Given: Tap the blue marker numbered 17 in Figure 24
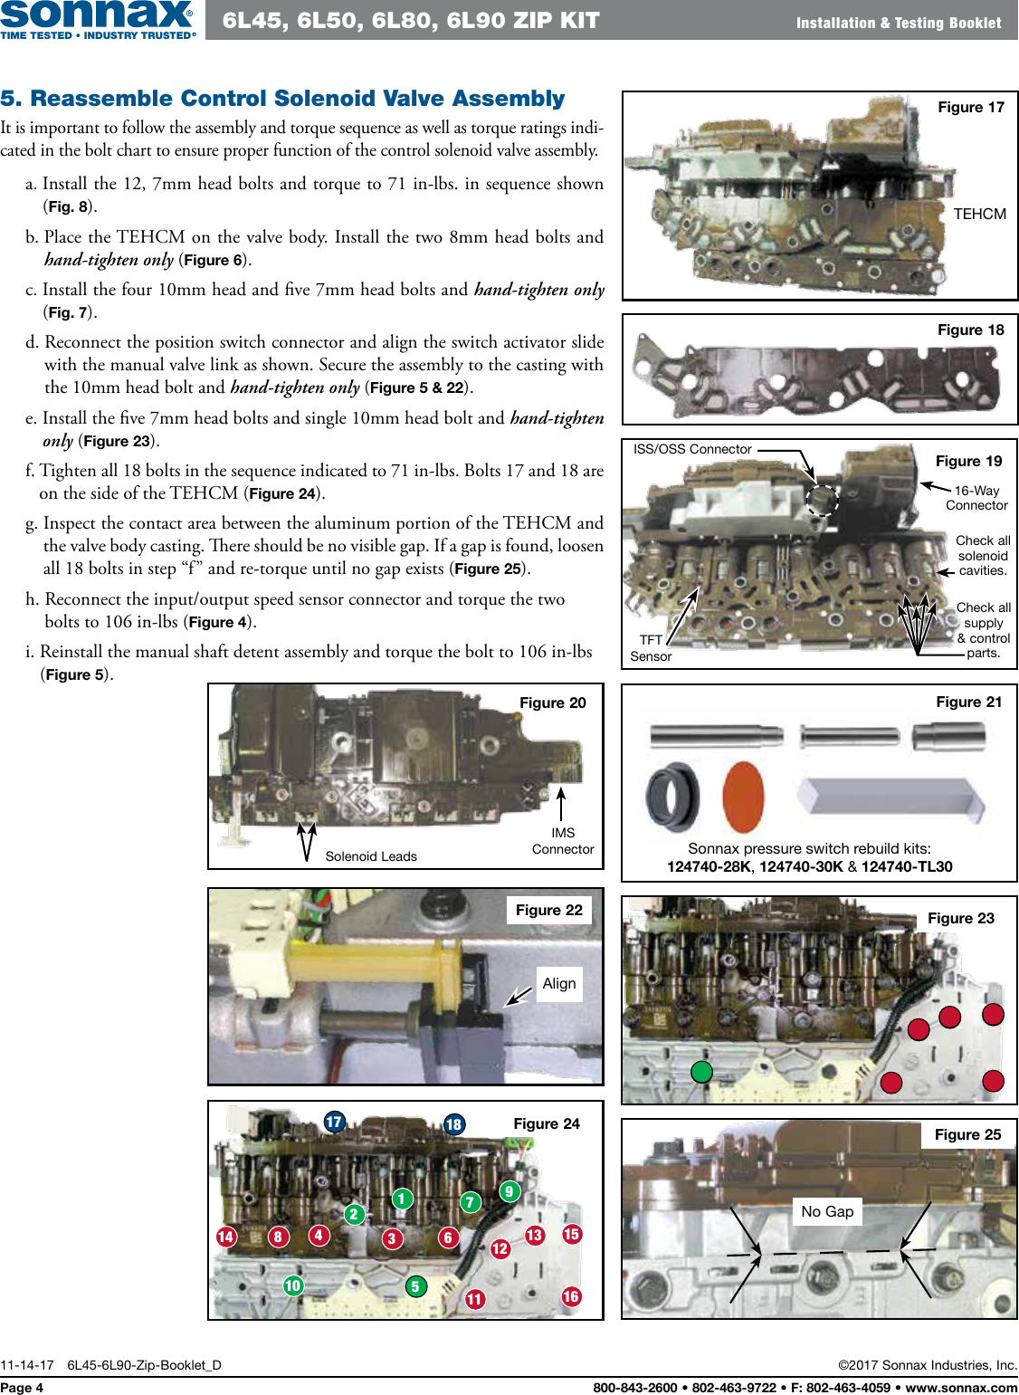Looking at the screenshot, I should click(334, 1122).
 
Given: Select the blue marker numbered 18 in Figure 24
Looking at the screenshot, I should click(453, 1124).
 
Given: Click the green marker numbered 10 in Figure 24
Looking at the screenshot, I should click(292, 1285).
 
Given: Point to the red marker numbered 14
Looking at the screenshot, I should click(226, 1237).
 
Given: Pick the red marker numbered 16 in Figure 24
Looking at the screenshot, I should click(570, 1296).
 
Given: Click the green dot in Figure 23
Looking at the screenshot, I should click(701, 1072).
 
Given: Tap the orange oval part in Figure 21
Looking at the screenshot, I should click(743, 797).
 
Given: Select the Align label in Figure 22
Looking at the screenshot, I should click(558, 983).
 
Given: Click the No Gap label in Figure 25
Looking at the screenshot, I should click(827, 1211).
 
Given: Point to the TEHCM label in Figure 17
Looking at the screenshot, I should click(979, 214).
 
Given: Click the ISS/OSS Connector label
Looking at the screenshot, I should click(692, 449).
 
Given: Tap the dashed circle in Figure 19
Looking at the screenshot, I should click(822, 499).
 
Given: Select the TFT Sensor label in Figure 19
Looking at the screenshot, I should click(651, 648).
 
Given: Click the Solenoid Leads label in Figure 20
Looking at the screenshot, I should click(371, 856).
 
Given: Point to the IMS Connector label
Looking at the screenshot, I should click(563, 841).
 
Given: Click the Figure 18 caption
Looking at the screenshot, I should click(970, 330).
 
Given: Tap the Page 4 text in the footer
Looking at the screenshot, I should click(22, 1387).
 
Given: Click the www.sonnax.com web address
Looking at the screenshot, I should click(961, 1387).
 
